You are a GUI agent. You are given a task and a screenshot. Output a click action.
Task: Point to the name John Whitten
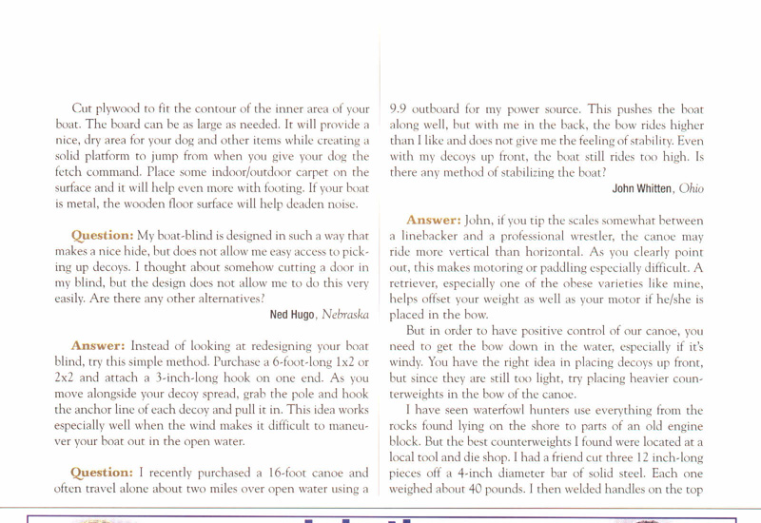click(x=636, y=188)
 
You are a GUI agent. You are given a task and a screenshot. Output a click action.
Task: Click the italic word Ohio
click(x=692, y=188)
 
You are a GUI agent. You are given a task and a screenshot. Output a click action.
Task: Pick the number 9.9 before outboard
click(x=400, y=109)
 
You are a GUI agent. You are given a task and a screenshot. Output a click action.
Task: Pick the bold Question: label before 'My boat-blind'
click(x=102, y=235)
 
